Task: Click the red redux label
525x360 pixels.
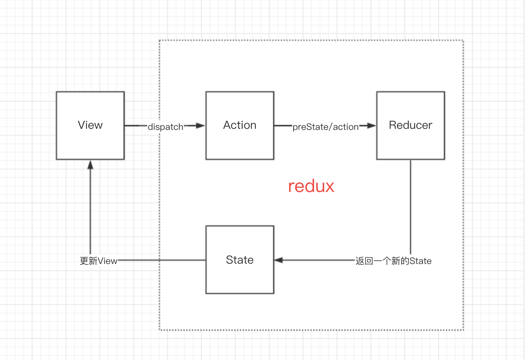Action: (311, 186)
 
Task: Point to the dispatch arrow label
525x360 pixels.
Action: (165, 127)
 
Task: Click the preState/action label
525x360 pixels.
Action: (326, 127)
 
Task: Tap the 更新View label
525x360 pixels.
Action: (98, 261)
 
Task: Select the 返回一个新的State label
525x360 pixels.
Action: (393, 261)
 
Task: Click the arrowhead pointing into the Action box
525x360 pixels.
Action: (200, 126)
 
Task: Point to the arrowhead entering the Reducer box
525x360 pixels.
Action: (371, 126)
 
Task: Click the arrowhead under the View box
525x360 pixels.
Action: (90, 165)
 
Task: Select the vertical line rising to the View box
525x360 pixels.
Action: (90, 212)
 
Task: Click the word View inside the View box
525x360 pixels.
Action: (90, 125)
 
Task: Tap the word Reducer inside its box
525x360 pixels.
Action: (410, 125)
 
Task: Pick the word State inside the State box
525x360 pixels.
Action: (240, 260)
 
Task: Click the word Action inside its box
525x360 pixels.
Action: (240, 125)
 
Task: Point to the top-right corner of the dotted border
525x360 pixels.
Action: (463, 41)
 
